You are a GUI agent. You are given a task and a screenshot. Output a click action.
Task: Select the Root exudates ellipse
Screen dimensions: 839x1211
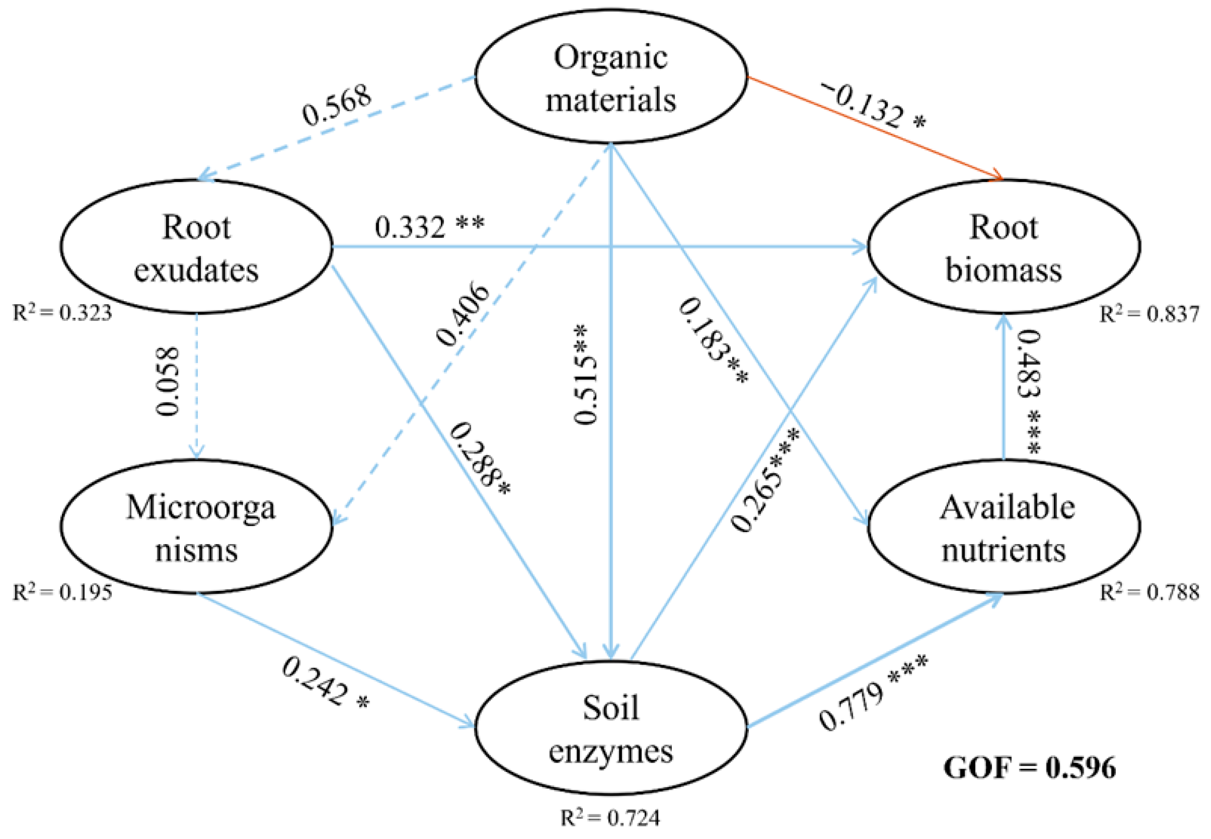click(x=196, y=247)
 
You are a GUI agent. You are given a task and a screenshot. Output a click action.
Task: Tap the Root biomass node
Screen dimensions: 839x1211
click(x=1003, y=247)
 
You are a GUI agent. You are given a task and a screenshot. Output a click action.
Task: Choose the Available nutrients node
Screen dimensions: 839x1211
click(x=1003, y=527)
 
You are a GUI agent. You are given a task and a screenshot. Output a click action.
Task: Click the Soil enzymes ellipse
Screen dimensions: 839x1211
click(x=610, y=728)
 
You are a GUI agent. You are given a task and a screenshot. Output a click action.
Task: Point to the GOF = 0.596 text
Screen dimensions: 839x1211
click(x=1029, y=768)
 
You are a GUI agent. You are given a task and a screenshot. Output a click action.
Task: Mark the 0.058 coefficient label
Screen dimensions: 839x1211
click(x=168, y=381)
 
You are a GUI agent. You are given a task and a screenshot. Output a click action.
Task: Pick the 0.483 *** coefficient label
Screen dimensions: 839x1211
click(x=1027, y=392)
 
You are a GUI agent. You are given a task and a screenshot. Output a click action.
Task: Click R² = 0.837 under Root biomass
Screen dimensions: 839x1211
click(x=1149, y=314)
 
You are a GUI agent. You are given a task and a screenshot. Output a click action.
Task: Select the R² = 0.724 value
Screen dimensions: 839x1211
click(x=610, y=818)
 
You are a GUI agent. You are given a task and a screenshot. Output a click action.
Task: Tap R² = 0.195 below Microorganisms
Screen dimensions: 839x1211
click(x=62, y=592)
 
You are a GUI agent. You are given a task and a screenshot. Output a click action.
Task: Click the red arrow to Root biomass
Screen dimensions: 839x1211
click(x=873, y=129)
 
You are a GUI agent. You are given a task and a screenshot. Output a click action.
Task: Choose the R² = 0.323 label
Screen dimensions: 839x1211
click(x=62, y=313)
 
